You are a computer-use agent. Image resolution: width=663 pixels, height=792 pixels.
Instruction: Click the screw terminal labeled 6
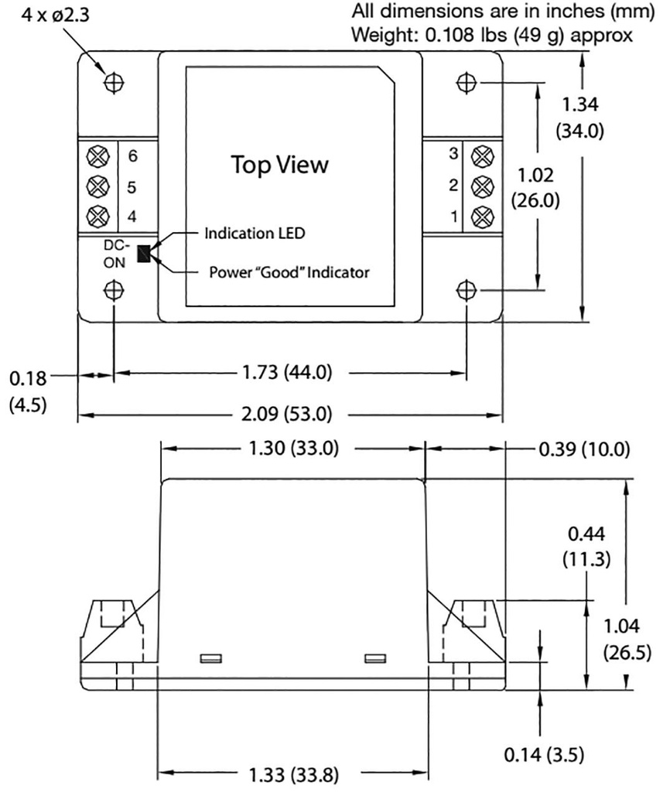[97, 155]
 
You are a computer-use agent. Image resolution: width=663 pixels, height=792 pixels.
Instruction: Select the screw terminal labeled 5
[97, 186]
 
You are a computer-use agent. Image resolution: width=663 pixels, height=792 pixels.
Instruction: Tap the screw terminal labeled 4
[97, 215]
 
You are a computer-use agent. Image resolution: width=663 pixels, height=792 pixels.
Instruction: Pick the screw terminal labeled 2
[482, 186]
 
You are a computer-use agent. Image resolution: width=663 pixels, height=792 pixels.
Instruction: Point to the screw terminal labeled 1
[482, 215]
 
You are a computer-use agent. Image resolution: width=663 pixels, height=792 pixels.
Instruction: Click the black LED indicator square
[144, 253]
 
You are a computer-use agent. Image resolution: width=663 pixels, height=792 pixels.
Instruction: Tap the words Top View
[280, 165]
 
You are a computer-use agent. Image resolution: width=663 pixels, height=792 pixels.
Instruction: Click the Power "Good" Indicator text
[289, 272]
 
